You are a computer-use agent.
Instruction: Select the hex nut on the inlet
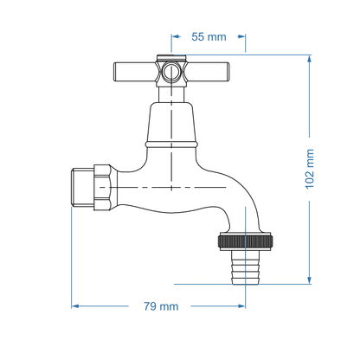(101, 183)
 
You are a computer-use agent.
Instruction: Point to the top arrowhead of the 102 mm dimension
(309, 60)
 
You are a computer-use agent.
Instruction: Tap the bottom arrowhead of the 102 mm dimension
(309, 279)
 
